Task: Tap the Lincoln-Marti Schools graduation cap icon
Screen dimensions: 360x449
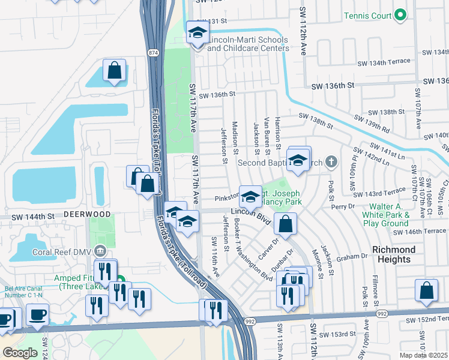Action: pyautogui.click(x=196, y=34)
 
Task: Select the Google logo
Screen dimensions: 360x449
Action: pyautogui.click(x=20, y=353)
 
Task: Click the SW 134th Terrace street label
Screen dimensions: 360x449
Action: pyautogui.click(x=384, y=62)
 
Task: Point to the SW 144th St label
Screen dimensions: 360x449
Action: pyautogui.click(x=27, y=215)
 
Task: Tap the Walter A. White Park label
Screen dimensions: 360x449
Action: pyautogui.click(x=386, y=215)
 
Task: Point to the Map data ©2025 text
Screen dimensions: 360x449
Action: pyautogui.click(x=424, y=355)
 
